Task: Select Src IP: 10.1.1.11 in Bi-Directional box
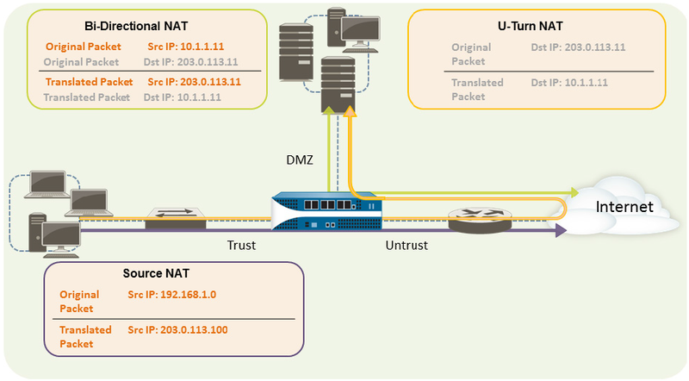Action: coord(187,46)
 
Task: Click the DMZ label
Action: coord(300,161)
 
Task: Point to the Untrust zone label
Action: coord(406,245)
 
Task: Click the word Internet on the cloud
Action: coord(624,207)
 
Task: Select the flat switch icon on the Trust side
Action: coord(175,218)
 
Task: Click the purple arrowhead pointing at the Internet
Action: coord(561,230)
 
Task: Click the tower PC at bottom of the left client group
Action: coord(37,227)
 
